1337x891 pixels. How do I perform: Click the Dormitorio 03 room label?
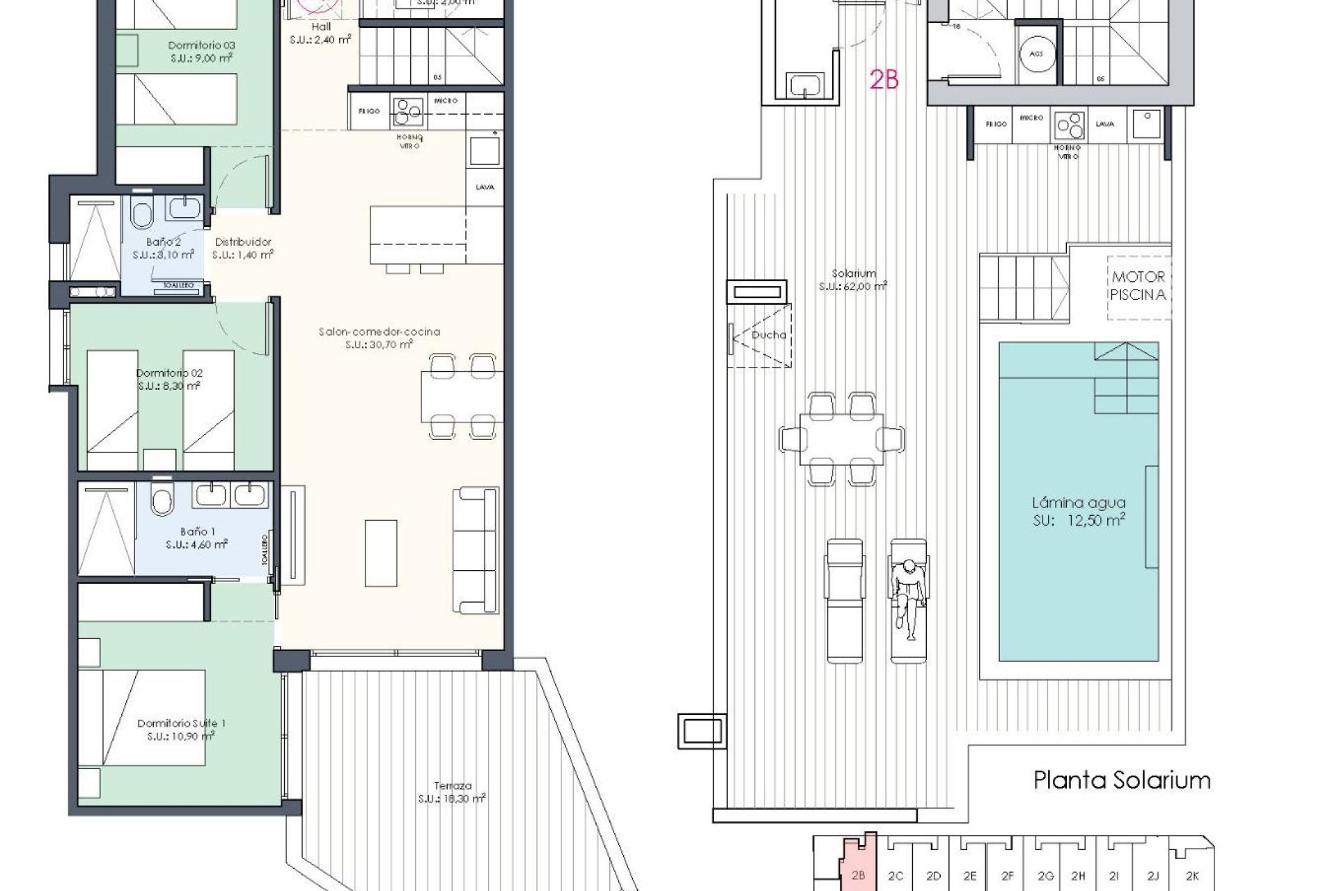coord(201,46)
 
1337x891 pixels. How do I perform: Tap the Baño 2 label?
coord(164,242)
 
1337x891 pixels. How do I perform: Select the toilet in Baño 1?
coord(162,500)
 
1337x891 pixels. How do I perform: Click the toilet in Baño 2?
coord(141,214)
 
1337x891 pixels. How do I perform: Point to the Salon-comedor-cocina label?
coord(380,332)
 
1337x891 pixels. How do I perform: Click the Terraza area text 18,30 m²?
coord(452,798)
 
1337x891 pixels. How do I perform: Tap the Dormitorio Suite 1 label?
coord(181,723)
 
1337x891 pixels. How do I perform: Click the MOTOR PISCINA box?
coord(1138,286)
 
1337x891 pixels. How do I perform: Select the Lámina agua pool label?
coord(1079,503)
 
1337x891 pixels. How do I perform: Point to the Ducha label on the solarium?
coord(769,335)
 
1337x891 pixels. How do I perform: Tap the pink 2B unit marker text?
coord(884,81)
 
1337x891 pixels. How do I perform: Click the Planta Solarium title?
coord(1122,780)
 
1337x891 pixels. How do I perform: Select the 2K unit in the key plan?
coord(1192,876)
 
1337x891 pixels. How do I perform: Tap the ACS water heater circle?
coord(1035,54)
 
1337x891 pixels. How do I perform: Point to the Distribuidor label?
coord(242,242)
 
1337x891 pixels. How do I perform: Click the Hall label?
coord(321,26)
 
